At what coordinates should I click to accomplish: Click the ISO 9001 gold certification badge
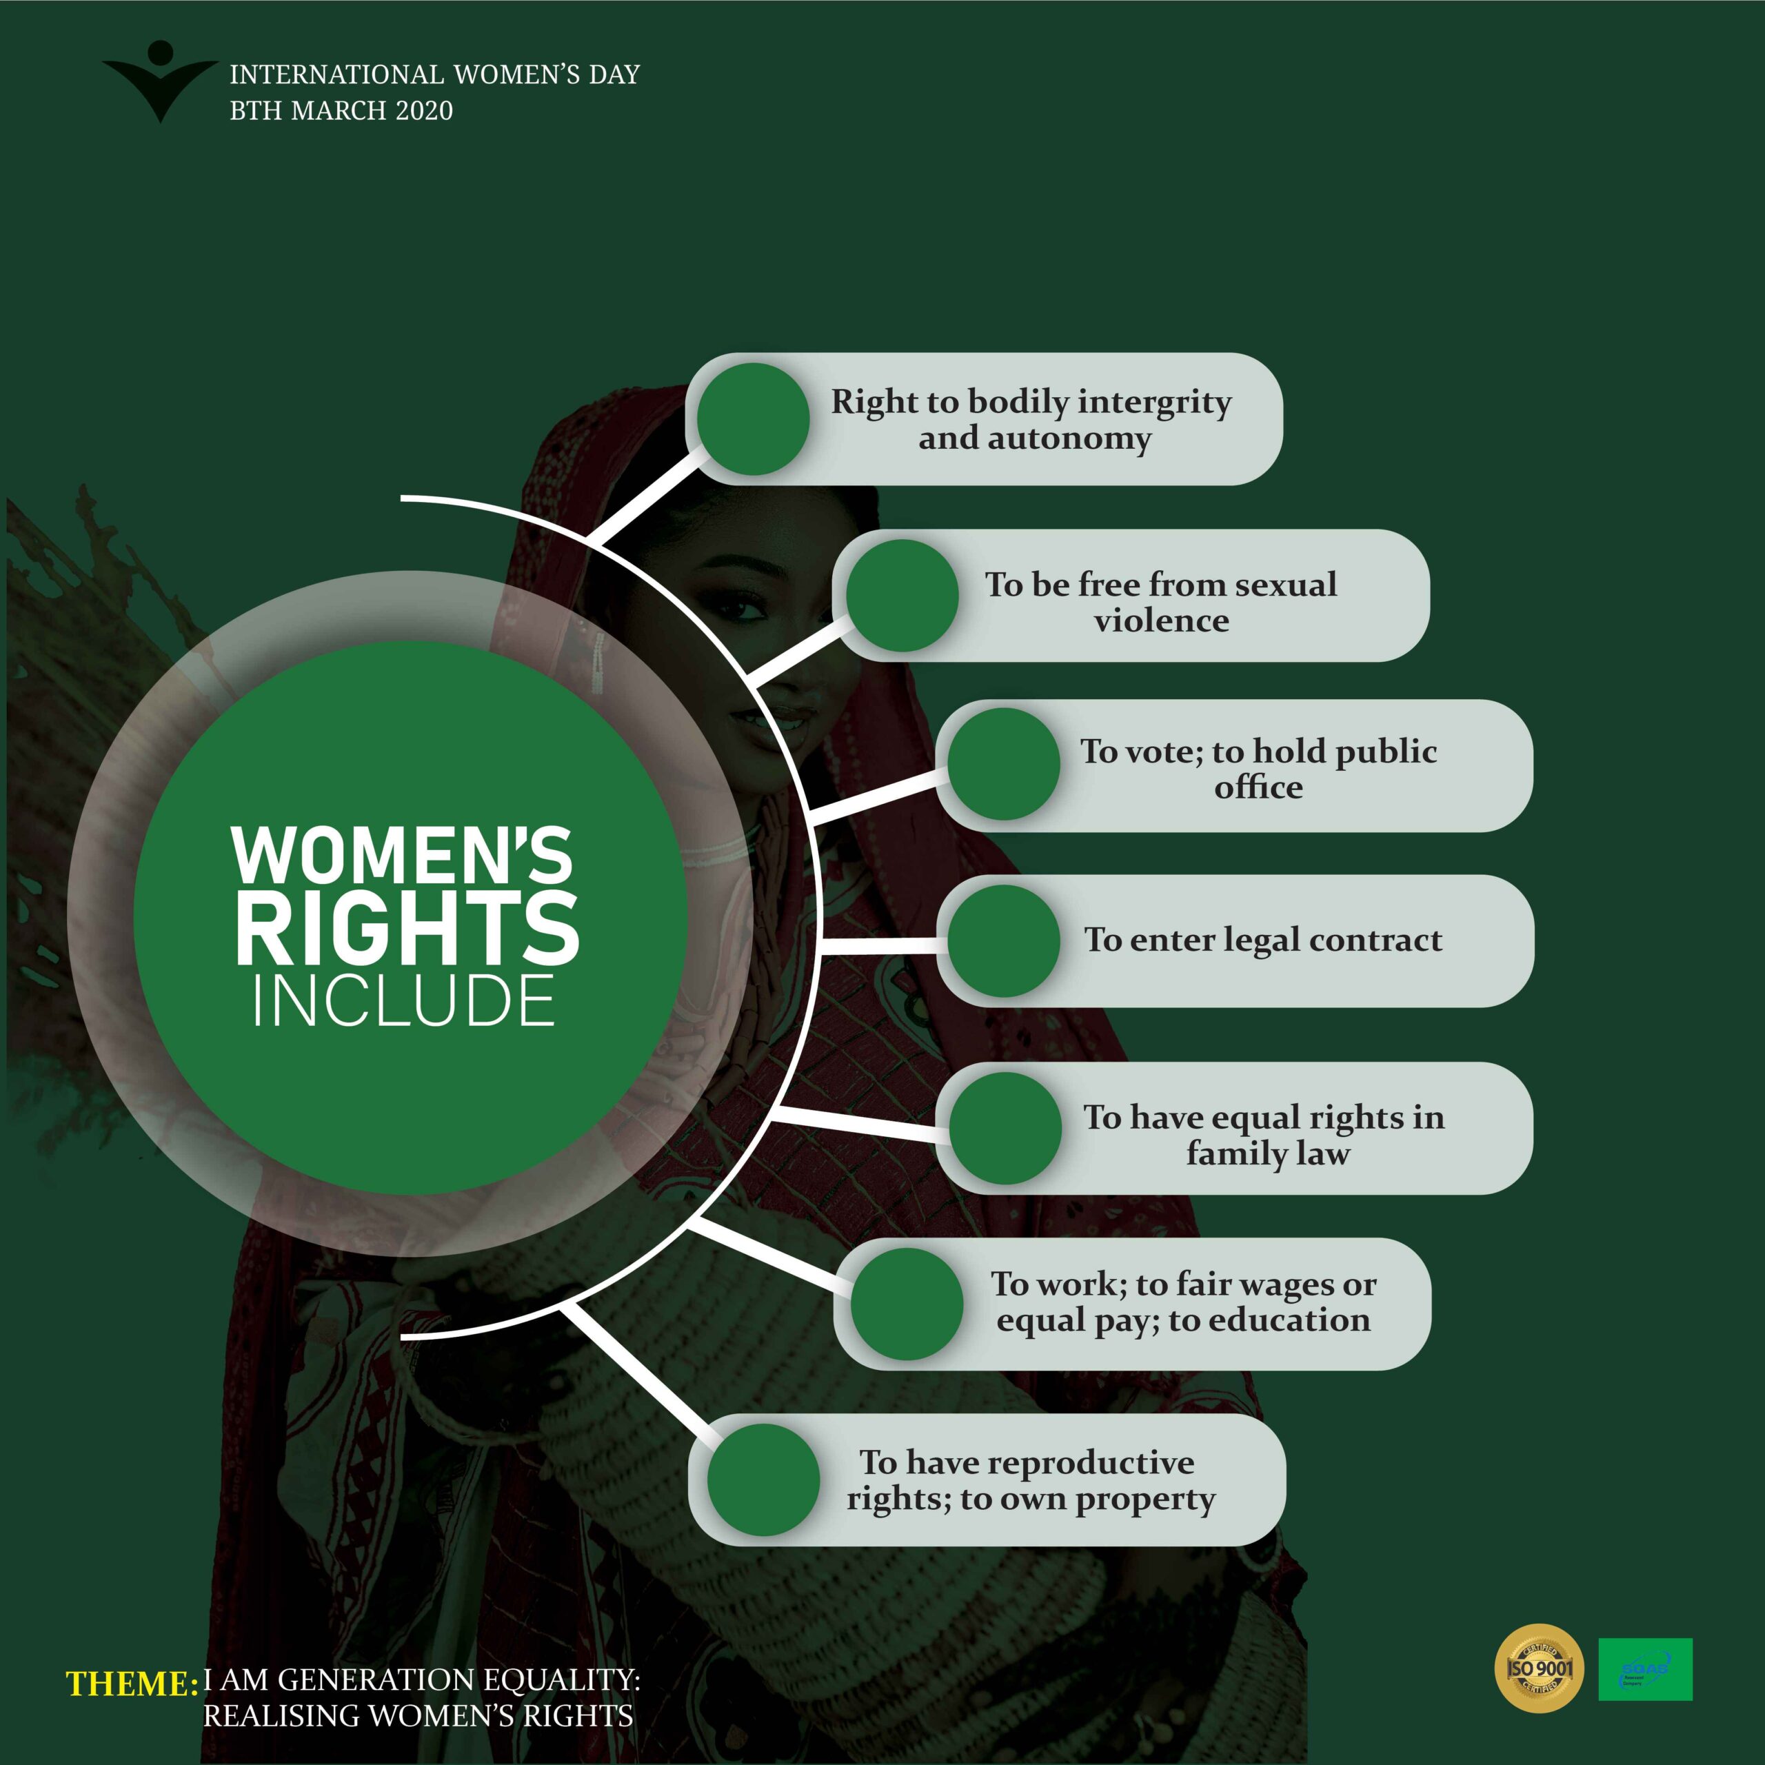1540,1668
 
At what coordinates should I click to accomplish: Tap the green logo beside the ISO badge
1644,1669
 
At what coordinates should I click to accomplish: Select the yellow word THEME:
132,1684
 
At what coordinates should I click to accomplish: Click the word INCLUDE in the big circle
404,1000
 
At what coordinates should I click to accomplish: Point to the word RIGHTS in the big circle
407,929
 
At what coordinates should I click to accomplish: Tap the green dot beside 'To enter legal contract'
1003,940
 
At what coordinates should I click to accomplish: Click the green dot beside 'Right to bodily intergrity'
753,419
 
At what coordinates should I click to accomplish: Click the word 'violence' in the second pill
1161,621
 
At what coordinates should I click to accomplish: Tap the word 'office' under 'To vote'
1258,787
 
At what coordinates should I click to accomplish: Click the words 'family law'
1267,1154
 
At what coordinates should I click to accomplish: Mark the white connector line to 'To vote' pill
877,796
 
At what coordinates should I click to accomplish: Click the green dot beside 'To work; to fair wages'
906,1304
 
